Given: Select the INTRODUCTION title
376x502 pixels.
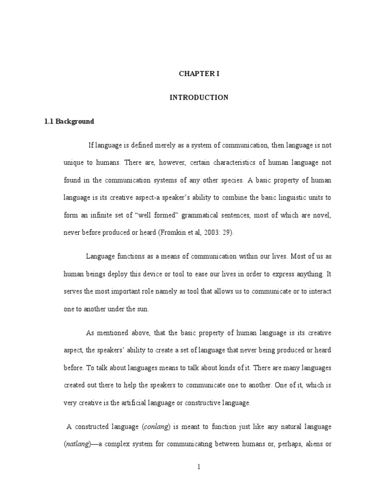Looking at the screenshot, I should point(199,98).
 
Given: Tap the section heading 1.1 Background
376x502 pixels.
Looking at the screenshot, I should point(69,121).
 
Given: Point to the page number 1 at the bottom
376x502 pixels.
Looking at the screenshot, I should point(199,467).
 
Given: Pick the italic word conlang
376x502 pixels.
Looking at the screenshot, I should point(156,427).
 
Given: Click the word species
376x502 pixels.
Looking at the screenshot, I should point(232,180).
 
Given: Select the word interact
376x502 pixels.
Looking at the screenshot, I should point(319,291).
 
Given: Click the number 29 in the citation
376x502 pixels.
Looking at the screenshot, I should point(228,233).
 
